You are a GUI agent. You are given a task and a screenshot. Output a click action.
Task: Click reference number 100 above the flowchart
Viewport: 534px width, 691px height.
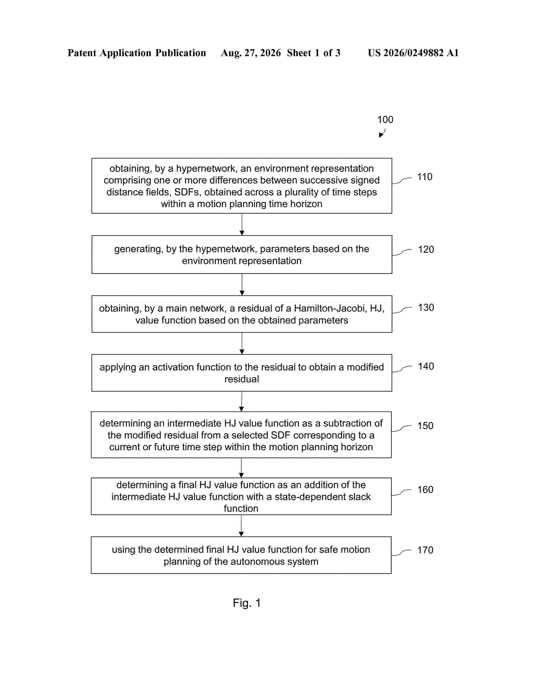385,120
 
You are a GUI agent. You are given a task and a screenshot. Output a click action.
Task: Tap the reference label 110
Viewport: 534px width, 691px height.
424,177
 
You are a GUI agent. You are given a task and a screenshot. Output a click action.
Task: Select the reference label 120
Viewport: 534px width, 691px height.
426,249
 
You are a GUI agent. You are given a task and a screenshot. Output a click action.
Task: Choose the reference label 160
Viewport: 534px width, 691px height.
425,490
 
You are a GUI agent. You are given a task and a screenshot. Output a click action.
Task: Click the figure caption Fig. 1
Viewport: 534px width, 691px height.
247,603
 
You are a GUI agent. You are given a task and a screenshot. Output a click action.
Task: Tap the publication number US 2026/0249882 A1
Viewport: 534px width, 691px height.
413,53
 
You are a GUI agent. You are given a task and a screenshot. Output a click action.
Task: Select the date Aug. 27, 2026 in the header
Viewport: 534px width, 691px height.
251,53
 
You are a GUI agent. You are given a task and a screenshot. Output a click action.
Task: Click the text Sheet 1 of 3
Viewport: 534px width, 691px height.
313,53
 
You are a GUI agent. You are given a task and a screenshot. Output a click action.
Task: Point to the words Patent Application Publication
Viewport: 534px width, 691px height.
137,53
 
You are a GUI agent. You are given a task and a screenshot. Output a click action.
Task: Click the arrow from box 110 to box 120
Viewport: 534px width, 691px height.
242,224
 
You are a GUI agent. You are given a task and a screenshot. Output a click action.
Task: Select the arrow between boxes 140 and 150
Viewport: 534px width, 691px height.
242,401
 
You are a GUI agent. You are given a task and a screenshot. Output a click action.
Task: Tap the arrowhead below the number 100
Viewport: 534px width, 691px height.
381,135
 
